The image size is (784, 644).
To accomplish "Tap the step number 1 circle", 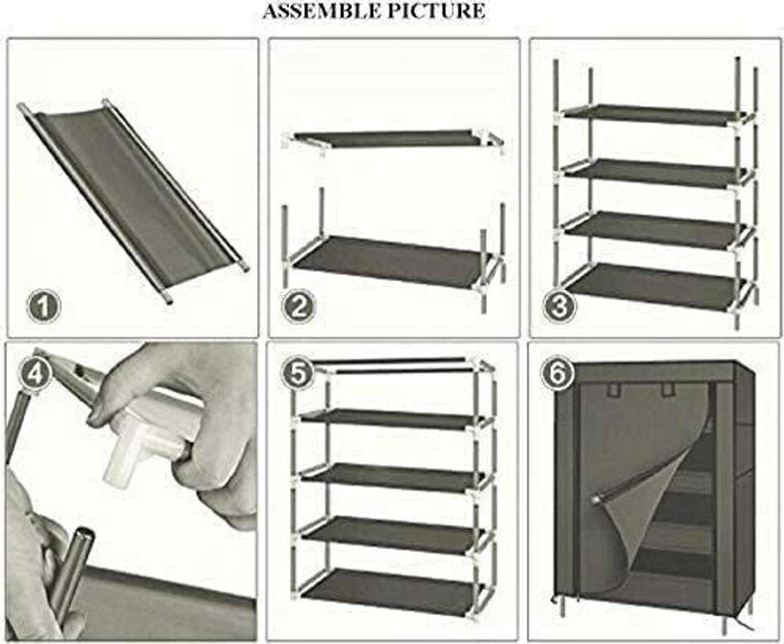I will click(44, 307).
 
